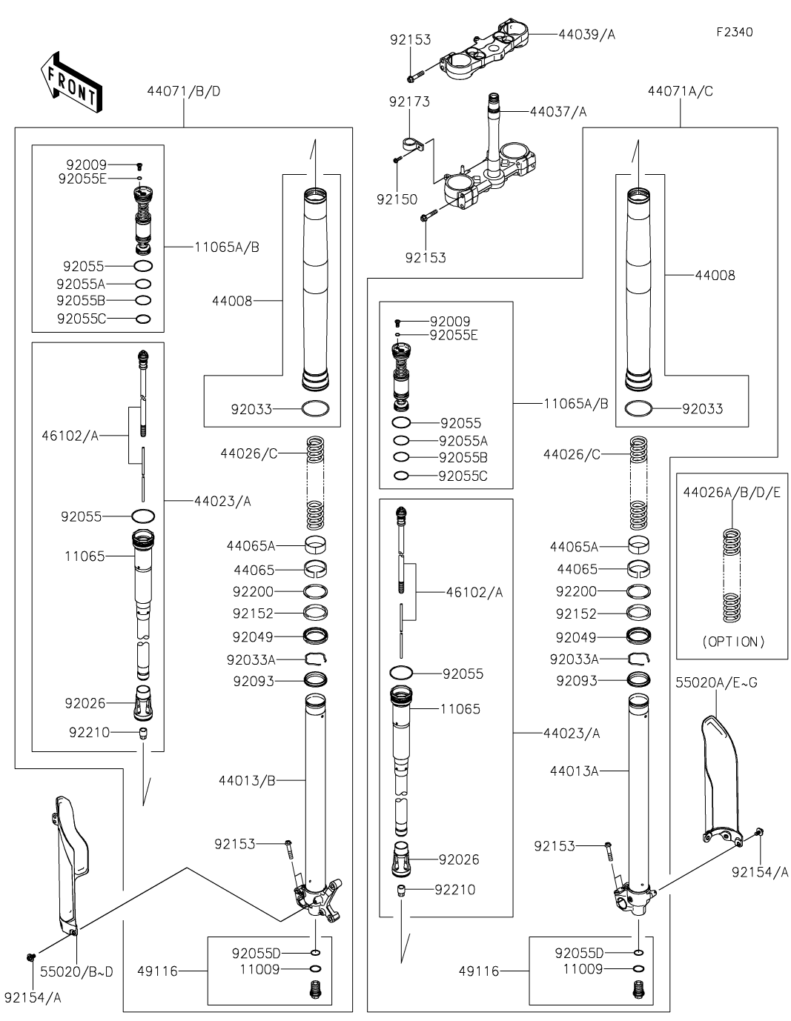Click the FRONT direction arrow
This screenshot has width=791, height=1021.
[71, 81]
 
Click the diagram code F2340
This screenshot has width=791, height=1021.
[734, 33]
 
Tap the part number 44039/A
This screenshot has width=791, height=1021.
[586, 34]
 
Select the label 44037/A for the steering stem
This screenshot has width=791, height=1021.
[558, 112]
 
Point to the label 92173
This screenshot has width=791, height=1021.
[409, 102]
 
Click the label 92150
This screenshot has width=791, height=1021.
[397, 199]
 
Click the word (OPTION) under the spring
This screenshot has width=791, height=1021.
[733, 642]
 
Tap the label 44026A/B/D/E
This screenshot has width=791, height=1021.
[732, 492]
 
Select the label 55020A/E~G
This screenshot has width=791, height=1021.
[716, 682]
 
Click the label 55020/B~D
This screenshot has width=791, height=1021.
[76, 971]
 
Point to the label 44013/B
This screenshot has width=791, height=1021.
[247, 780]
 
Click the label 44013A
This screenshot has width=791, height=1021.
[574, 771]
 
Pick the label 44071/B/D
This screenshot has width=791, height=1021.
[184, 92]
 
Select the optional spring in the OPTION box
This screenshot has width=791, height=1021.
[732, 574]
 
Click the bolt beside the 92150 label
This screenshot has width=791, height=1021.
[399, 158]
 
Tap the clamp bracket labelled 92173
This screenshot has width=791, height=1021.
[412, 143]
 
